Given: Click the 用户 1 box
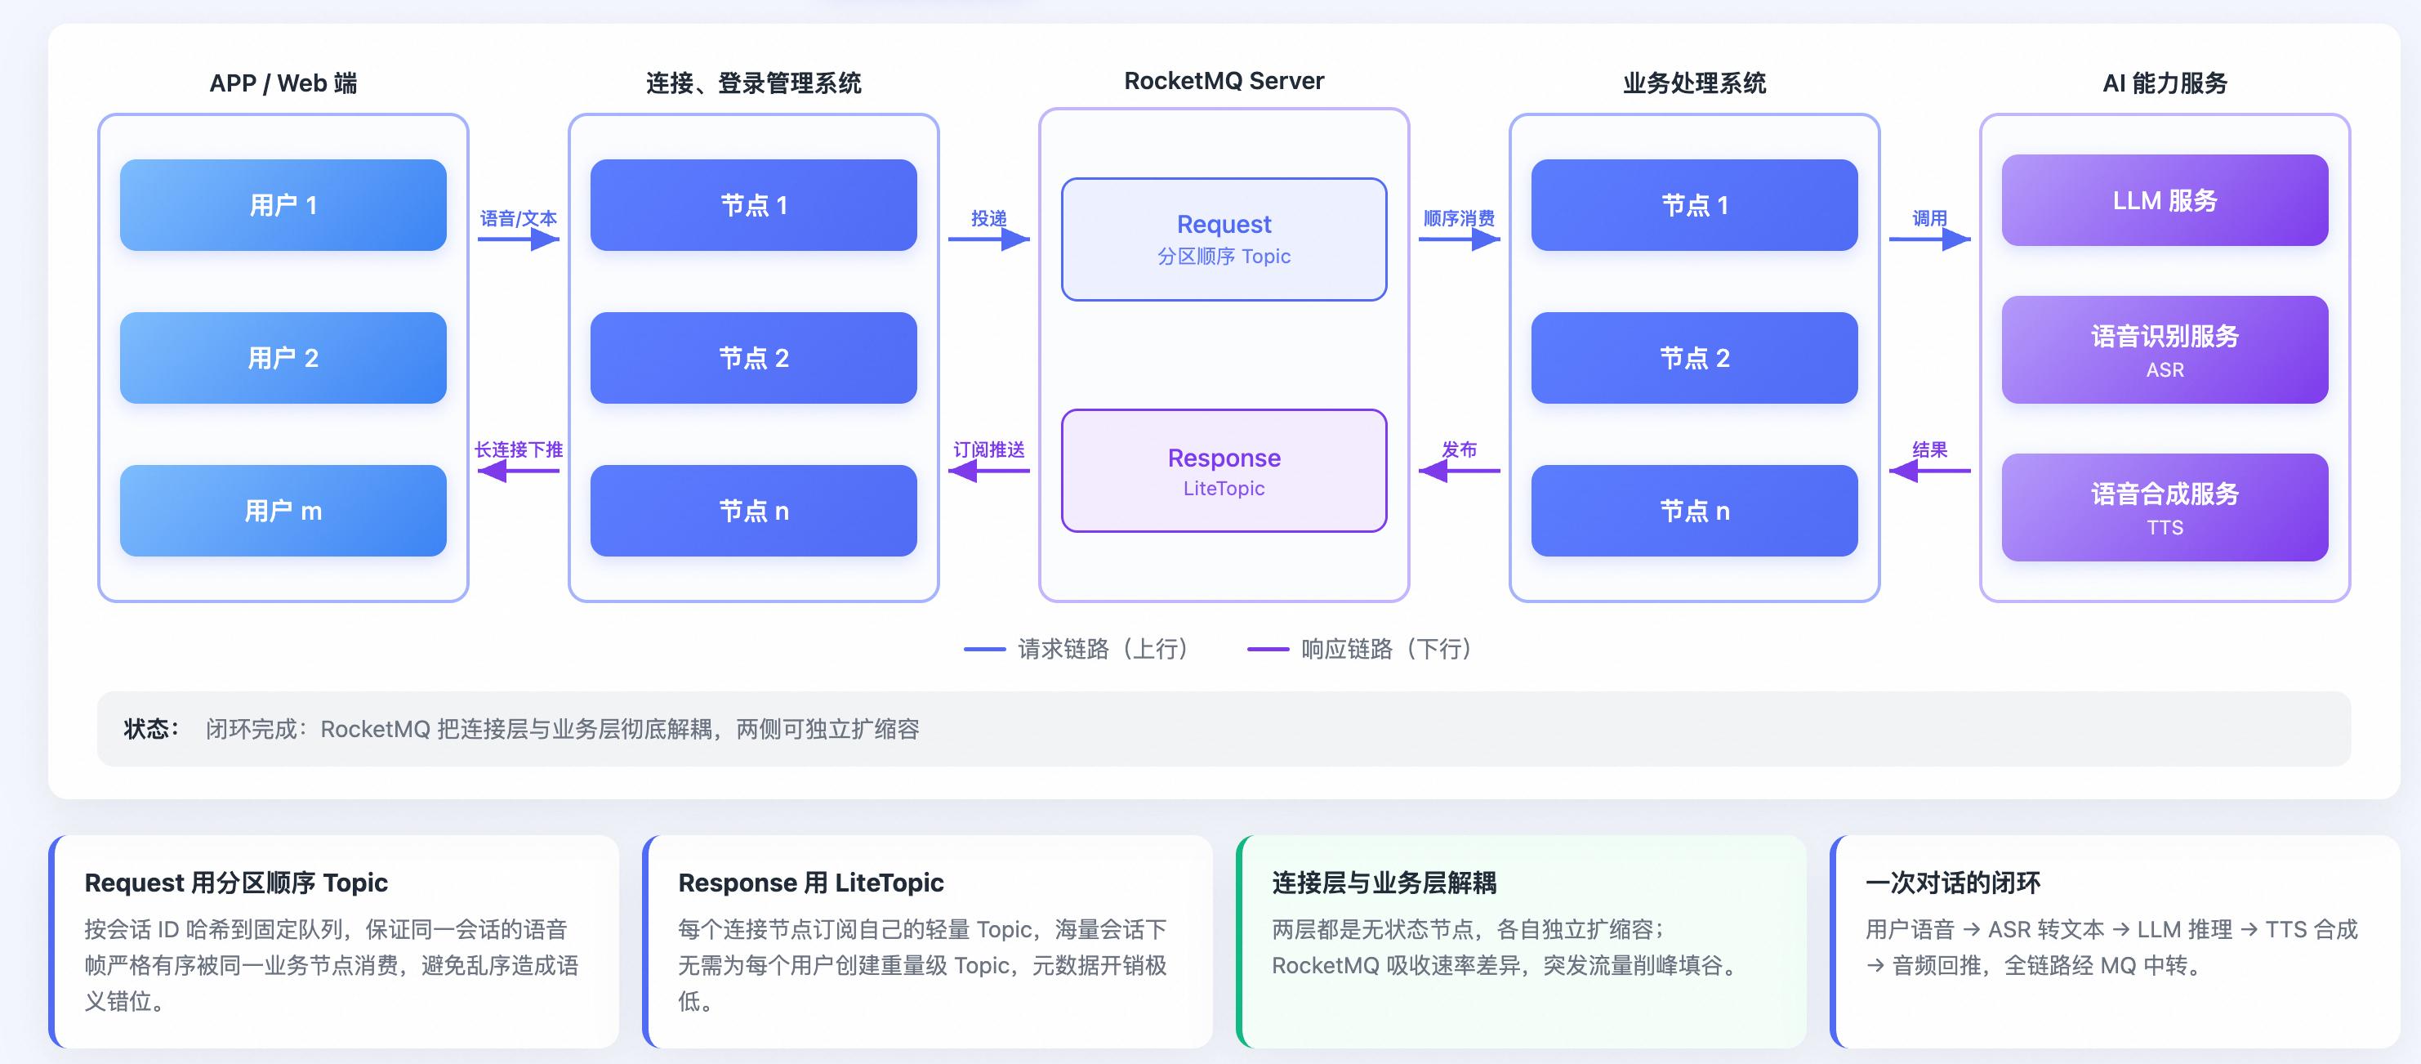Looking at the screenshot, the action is (283, 205).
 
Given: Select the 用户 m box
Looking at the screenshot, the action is (283, 511).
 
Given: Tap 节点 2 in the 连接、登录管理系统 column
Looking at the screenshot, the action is (754, 357).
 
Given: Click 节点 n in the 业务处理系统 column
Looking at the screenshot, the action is (1695, 511).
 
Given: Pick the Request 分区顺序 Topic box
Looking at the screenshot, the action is (1224, 239).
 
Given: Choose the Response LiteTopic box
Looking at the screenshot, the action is (1224, 471).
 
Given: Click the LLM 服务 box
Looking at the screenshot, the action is (2165, 200).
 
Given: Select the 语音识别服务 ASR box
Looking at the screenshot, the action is (2165, 350).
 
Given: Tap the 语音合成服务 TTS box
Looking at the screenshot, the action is (2165, 507).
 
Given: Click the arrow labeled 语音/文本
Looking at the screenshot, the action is (519, 239).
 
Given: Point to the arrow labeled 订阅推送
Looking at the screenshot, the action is (988, 471).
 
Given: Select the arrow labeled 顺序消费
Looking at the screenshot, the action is (1460, 239).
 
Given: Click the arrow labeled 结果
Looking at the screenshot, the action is (1929, 471).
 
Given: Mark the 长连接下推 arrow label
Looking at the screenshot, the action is (519, 449).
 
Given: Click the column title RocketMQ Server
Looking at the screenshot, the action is (1224, 81).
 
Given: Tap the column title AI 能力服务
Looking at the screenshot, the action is (2165, 83).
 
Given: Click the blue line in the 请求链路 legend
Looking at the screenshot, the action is (984, 649).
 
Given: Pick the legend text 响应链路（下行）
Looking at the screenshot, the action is (1386, 649).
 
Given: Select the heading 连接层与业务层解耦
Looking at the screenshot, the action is (1384, 883).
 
